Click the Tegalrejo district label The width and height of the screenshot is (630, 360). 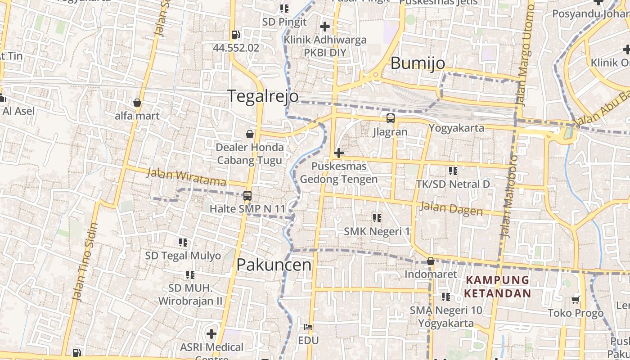tap(263, 96)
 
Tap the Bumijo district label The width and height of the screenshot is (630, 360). tap(418, 63)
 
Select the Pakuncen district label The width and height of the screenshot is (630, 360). tap(274, 265)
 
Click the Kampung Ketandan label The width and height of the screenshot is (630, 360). tap(498, 287)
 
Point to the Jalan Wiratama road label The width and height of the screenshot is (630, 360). tap(186, 177)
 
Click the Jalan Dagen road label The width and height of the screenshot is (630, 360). tap(451, 209)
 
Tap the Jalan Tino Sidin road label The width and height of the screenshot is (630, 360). tap(85, 262)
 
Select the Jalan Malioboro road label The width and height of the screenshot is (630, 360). tap(509, 196)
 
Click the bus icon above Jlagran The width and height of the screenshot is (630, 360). tap(390, 118)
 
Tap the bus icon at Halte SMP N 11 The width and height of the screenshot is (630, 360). tap(247, 195)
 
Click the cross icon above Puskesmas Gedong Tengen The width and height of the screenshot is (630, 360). tap(338, 153)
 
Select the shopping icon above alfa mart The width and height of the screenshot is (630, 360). tap(137, 103)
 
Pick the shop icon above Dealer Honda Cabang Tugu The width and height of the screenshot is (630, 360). tap(249, 134)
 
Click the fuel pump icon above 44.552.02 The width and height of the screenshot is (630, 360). tap(235, 34)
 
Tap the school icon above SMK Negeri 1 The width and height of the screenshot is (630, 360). tap(377, 218)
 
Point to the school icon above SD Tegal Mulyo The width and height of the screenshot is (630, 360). tap(183, 243)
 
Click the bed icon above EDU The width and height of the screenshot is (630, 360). tap(308, 327)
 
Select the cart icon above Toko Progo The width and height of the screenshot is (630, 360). tap(576, 299)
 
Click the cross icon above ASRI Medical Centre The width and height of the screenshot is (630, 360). tap(211, 334)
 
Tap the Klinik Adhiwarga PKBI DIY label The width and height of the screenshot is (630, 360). tap(325, 46)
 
